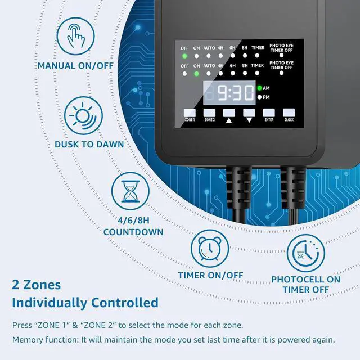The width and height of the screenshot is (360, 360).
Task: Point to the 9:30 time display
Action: point(228,92)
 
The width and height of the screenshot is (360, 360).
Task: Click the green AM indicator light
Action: point(260,88)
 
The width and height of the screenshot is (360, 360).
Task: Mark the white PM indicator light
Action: point(260,97)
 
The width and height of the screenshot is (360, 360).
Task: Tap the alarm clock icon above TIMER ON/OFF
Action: point(210,248)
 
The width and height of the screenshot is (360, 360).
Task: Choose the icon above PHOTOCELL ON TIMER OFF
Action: point(305,253)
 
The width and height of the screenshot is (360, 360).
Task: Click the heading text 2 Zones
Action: point(37,285)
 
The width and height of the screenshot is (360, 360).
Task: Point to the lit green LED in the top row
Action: point(185,56)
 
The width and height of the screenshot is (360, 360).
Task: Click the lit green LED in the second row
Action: point(196,74)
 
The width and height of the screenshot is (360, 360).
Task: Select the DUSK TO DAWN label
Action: point(89,144)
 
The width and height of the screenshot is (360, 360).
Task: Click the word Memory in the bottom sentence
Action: point(28,340)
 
